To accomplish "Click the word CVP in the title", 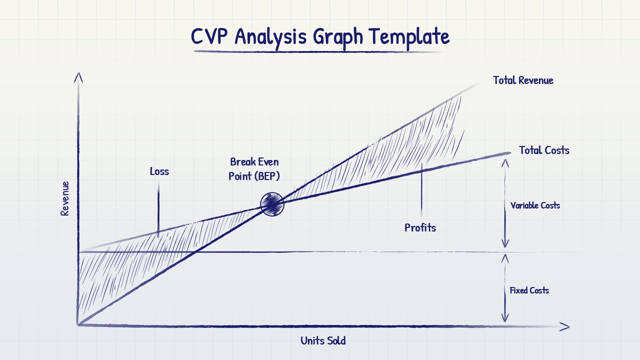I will (x=209, y=36).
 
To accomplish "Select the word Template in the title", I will (x=409, y=36).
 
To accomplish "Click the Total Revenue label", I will (x=523, y=80).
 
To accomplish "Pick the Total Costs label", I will (x=544, y=150).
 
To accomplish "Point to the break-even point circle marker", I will (x=272, y=204).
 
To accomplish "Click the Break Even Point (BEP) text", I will (x=254, y=169).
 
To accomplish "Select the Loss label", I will (x=159, y=171).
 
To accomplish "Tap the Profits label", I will (x=420, y=228).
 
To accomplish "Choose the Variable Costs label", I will (x=535, y=205).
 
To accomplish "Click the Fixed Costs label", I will (x=529, y=290).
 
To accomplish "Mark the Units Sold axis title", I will (x=323, y=341).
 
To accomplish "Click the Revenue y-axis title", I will (x=65, y=198).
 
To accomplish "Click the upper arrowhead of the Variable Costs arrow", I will (x=505, y=163).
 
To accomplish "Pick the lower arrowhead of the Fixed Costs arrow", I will (x=505, y=317).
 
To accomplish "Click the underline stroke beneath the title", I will (x=318, y=51).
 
